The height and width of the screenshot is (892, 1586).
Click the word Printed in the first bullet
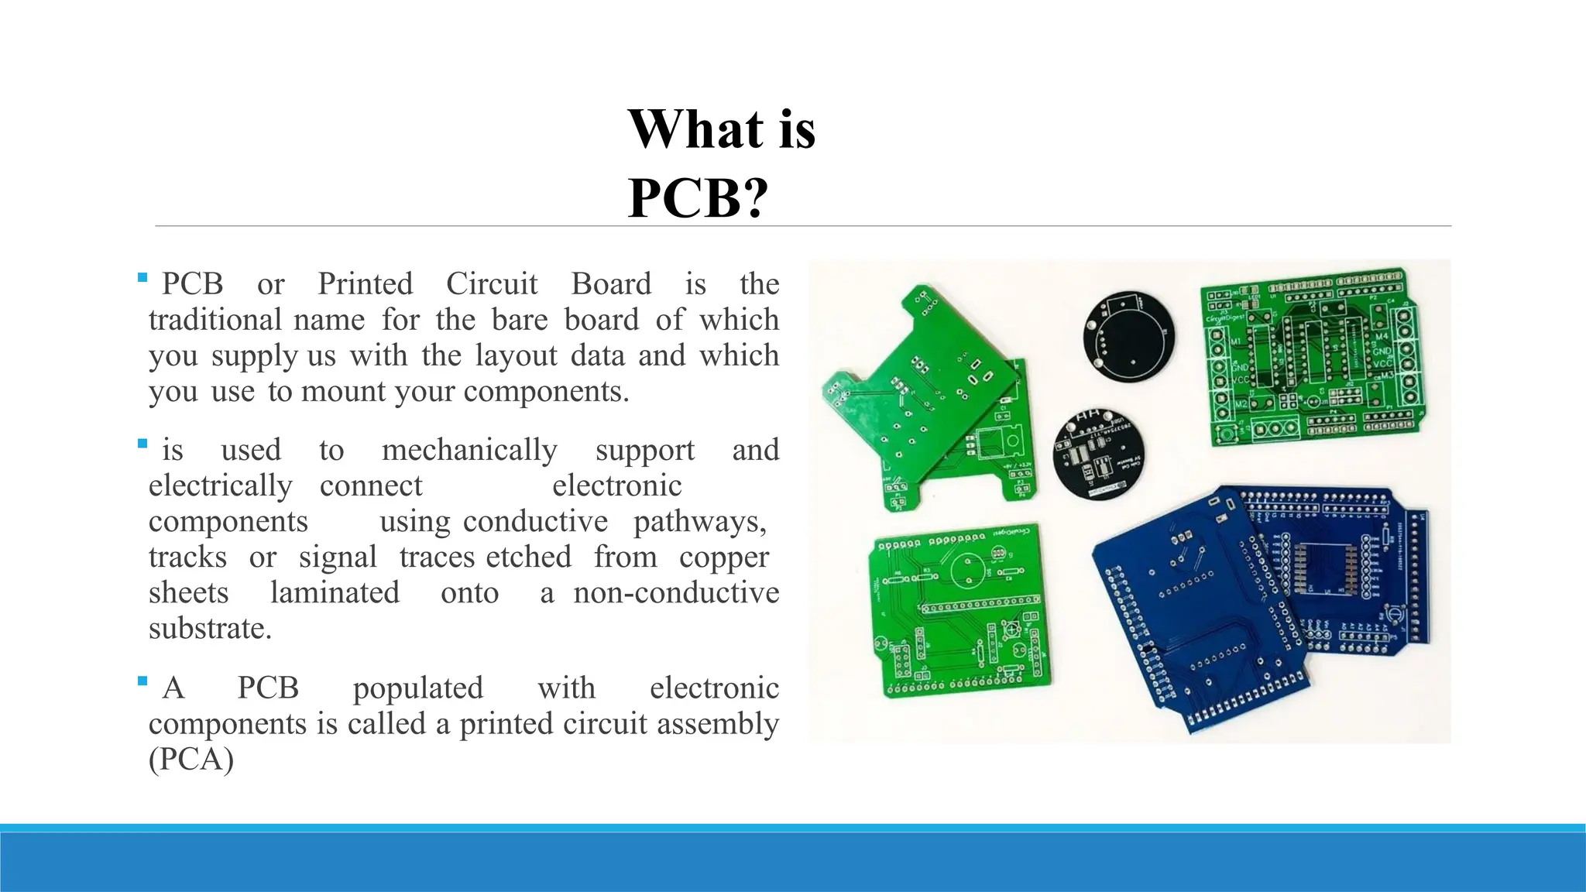coord(365,284)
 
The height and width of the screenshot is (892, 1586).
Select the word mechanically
coord(469,450)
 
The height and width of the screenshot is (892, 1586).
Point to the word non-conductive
coord(675,593)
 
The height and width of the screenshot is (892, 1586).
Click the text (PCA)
coord(191,760)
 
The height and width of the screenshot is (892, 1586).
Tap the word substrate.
coord(210,629)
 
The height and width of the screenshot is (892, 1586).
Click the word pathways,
coord(699,522)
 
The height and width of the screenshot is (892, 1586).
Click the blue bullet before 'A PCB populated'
coord(142,681)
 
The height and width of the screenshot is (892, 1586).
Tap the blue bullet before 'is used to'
coord(142,444)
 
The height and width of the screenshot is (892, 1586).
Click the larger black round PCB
coord(1128,336)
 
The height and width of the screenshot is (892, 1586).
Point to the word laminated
coord(335,593)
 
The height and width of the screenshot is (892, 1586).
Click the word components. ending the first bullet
coord(545,392)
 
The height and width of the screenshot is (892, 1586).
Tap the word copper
coord(723,557)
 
